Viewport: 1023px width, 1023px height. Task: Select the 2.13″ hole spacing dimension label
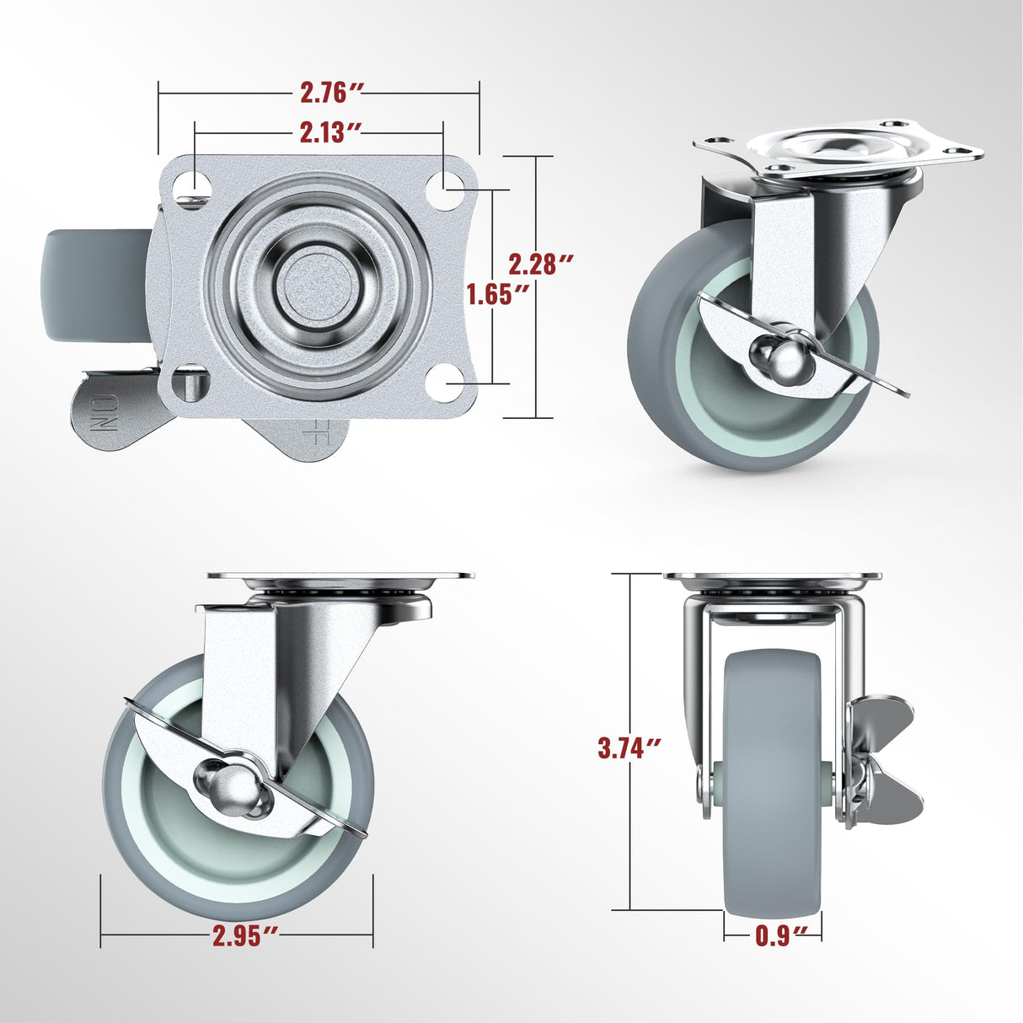330,132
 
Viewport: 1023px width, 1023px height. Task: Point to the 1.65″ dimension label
499,294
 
